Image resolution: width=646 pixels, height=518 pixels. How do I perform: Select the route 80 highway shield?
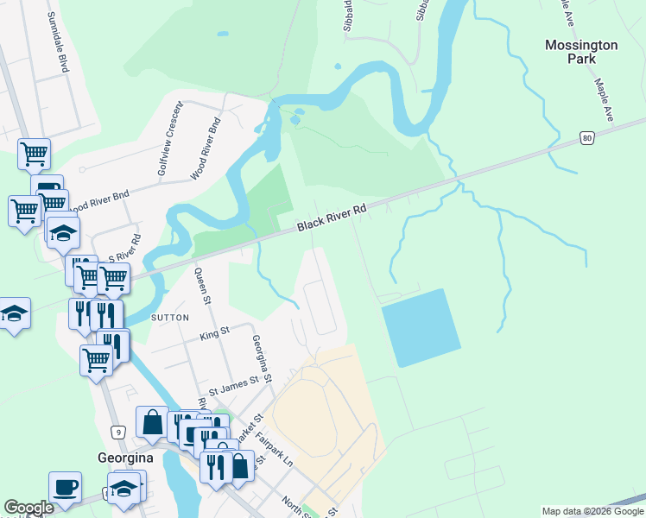click(587, 137)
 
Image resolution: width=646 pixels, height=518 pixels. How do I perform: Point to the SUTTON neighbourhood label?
click(170, 318)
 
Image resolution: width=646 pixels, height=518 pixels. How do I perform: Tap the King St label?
click(214, 331)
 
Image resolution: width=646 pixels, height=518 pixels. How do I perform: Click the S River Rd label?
click(123, 250)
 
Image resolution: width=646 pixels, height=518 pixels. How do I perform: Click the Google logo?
click(28, 508)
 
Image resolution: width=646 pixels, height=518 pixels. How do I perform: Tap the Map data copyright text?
click(592, 511)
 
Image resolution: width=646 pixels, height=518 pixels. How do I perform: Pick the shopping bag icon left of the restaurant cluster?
click(152, 423)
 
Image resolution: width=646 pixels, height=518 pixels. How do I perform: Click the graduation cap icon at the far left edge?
click(13, 314)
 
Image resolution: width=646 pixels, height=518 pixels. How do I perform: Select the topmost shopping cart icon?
click(35, 155)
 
